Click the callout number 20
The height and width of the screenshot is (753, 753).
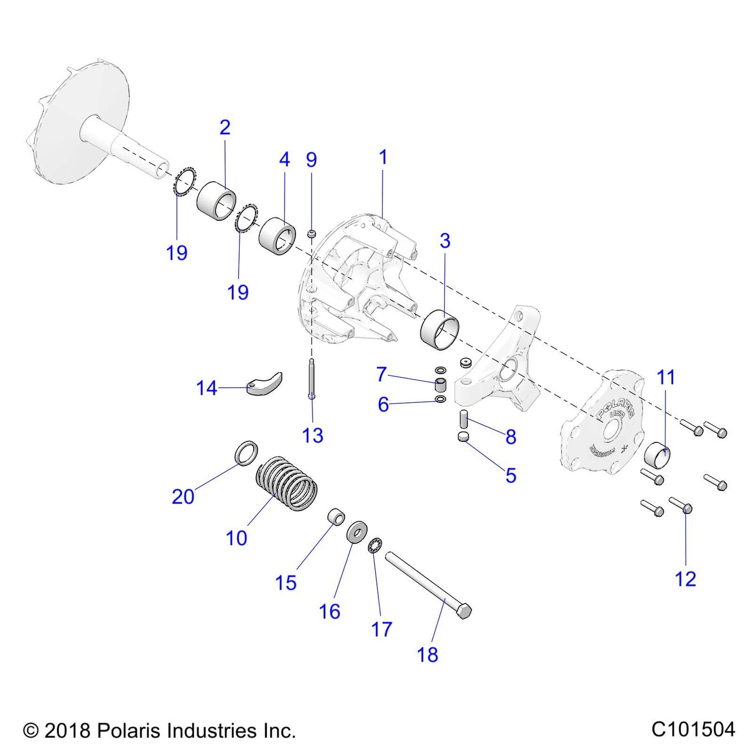pos(183,497)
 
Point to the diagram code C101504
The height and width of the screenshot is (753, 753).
pos(693,729)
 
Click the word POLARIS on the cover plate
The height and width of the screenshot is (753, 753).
pos(615,405)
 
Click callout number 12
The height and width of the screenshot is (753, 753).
pos(685,579)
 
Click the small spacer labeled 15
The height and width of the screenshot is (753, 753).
pos(336,517)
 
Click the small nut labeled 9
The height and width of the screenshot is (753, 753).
pos(312,233)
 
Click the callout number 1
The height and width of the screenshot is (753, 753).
pos(383,157)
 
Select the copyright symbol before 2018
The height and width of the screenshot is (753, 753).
pos(31,731)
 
